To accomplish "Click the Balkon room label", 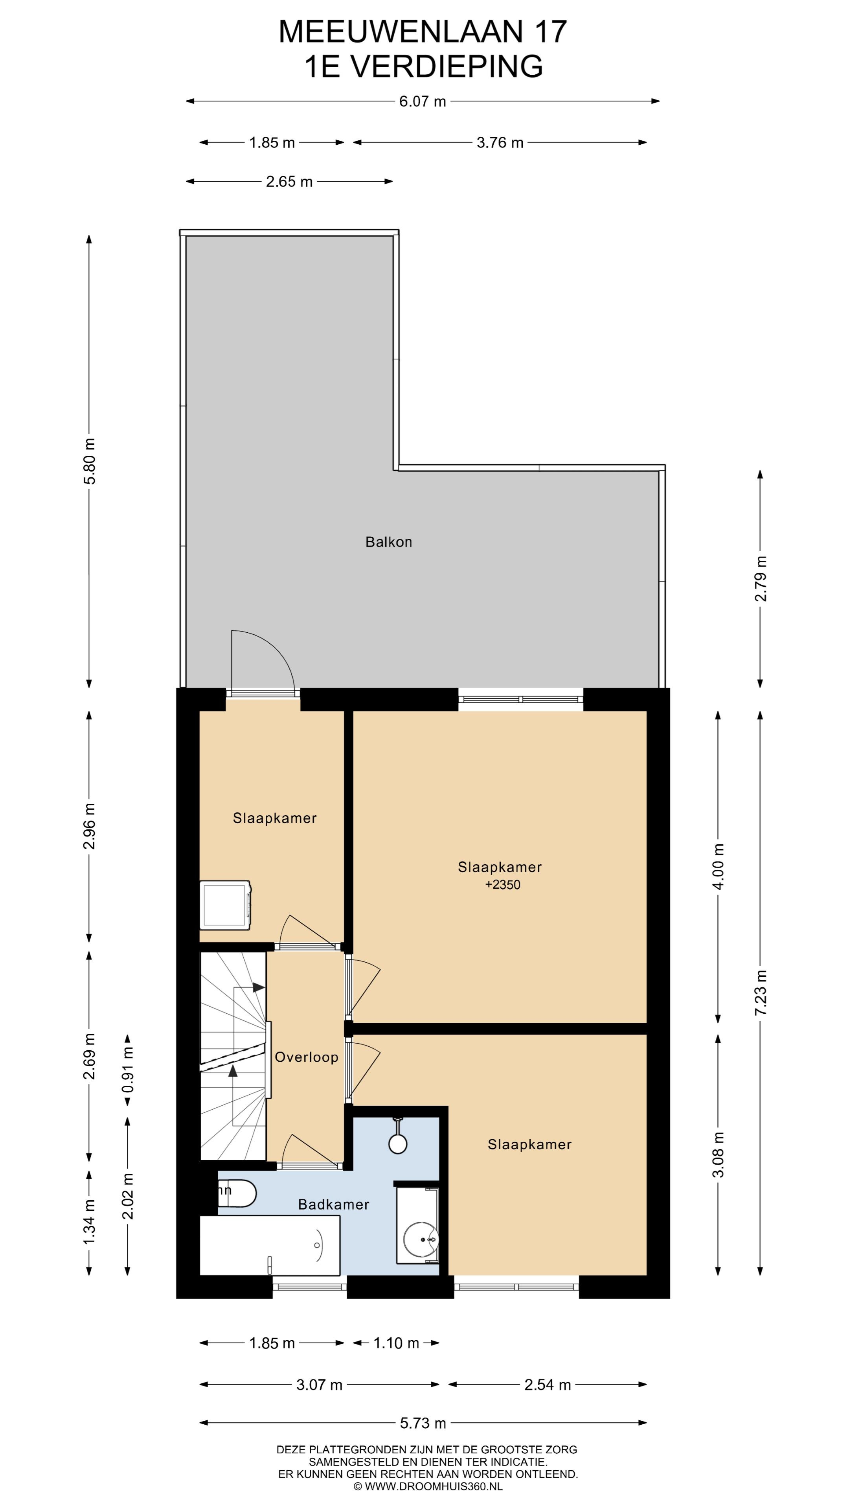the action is pyautogui.click(x=388, y=541).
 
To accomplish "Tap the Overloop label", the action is pyautogui.click(x=307, y=1057).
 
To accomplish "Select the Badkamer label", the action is pyautogui.click(x=333, y=1204).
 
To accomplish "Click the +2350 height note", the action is pyautogui.click(x=503, y=884).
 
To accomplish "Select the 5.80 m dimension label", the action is pyautogui.click(x=89, y=461).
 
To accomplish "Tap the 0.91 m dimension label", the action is pyautogui.click(x=128, y=1070).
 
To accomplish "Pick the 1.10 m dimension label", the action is pyautogui.click(x=396, y=1343).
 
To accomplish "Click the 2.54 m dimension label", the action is pyautogui.click(x=547, y=1385).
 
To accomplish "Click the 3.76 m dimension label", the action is pyautogui.click(x=500, y=142).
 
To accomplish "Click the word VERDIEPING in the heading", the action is pyautogui.click(x=447, y=66).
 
